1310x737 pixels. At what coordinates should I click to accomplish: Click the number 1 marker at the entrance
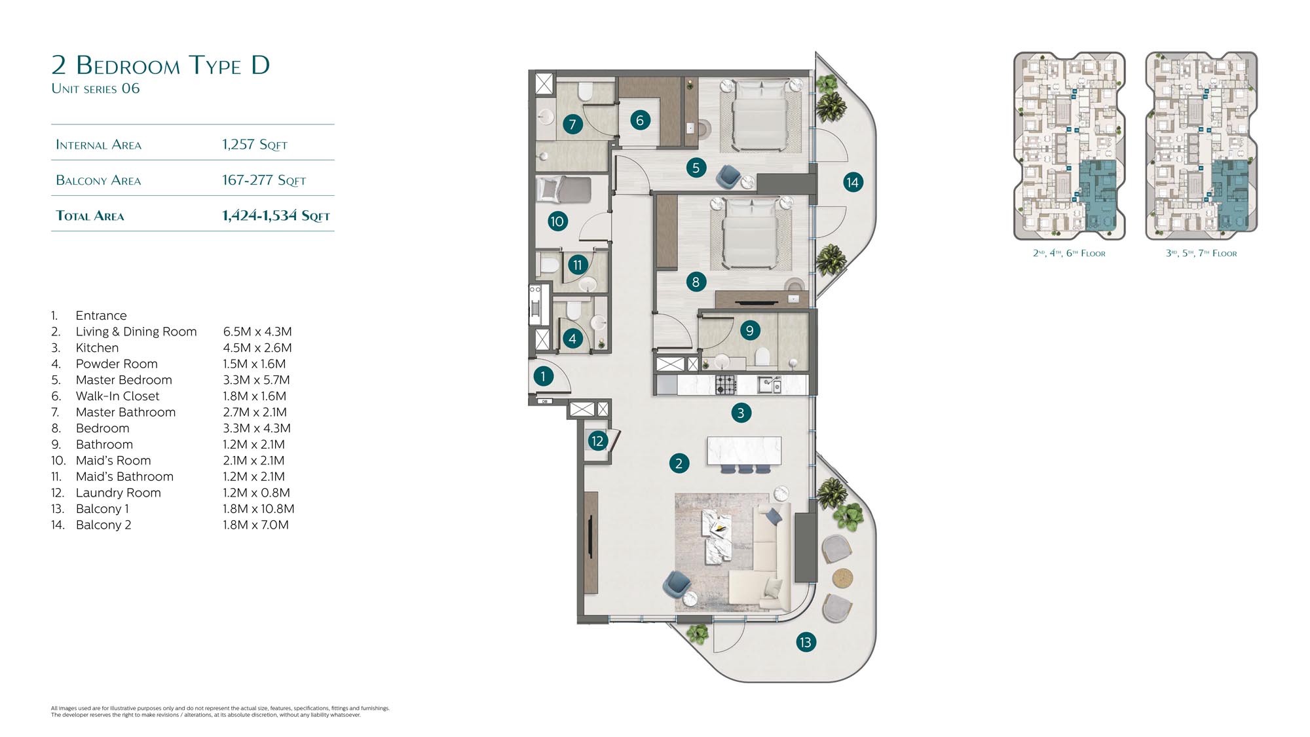(542, 376)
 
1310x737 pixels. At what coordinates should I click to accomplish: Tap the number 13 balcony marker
(805, 642)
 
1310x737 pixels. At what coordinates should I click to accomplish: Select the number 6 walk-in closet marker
(640, 120)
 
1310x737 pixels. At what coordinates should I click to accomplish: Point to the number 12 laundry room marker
(597, 441)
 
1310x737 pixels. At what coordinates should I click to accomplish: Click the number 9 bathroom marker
(749, 330)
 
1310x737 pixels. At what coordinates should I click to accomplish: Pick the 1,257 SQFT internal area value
(254, 145)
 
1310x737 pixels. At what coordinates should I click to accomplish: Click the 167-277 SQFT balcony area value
(264, 180)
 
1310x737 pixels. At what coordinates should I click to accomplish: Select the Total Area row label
(90, 216)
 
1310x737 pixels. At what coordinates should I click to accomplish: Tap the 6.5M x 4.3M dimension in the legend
(257, 331)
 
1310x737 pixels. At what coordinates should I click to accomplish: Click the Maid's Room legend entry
(113, 461)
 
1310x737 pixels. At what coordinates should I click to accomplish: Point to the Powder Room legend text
(117, 364)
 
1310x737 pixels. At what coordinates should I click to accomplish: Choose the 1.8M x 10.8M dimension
(259, 508)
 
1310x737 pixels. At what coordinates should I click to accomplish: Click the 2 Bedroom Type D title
(160, 65)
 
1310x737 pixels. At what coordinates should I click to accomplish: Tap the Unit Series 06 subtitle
(96, 88)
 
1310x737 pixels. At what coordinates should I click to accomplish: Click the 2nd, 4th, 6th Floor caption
(1069, 253)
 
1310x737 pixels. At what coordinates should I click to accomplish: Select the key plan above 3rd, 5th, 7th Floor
(1201, 145)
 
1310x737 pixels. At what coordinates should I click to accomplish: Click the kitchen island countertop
(744, 451)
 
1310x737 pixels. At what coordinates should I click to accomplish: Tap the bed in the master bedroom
(760, 115)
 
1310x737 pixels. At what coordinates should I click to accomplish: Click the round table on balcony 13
(843, 578)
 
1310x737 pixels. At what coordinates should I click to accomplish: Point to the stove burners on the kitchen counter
(726, 385)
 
